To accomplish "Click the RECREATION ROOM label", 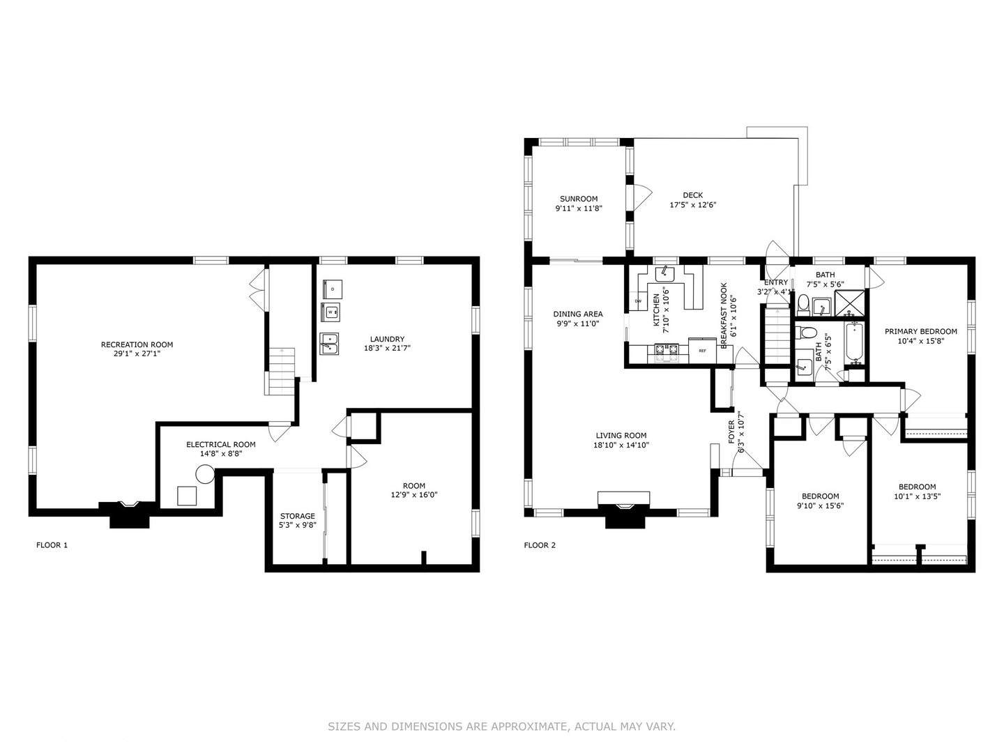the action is click(137, 344).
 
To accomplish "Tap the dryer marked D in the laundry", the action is click(332, 289).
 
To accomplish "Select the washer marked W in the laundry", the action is click(330, 312).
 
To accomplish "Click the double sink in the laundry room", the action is click(329, 343).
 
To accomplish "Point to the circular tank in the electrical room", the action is click(205, 474).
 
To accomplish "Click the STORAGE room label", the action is click(297, 516).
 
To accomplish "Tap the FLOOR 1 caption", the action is click(52, 545).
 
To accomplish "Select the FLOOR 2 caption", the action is click(540, 545).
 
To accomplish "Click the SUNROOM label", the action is click(579, 199).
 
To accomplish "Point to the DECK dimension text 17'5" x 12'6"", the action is click(693, 205).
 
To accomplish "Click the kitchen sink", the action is click(664, 273).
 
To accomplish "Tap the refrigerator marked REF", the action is click(703, 351).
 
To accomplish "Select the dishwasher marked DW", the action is click(638, 301).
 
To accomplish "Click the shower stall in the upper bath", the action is click(850, 303).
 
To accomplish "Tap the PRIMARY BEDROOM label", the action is click(921, 331).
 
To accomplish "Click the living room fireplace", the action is click(623, 509).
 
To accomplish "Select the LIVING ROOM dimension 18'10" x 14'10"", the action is click(621, 445).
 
